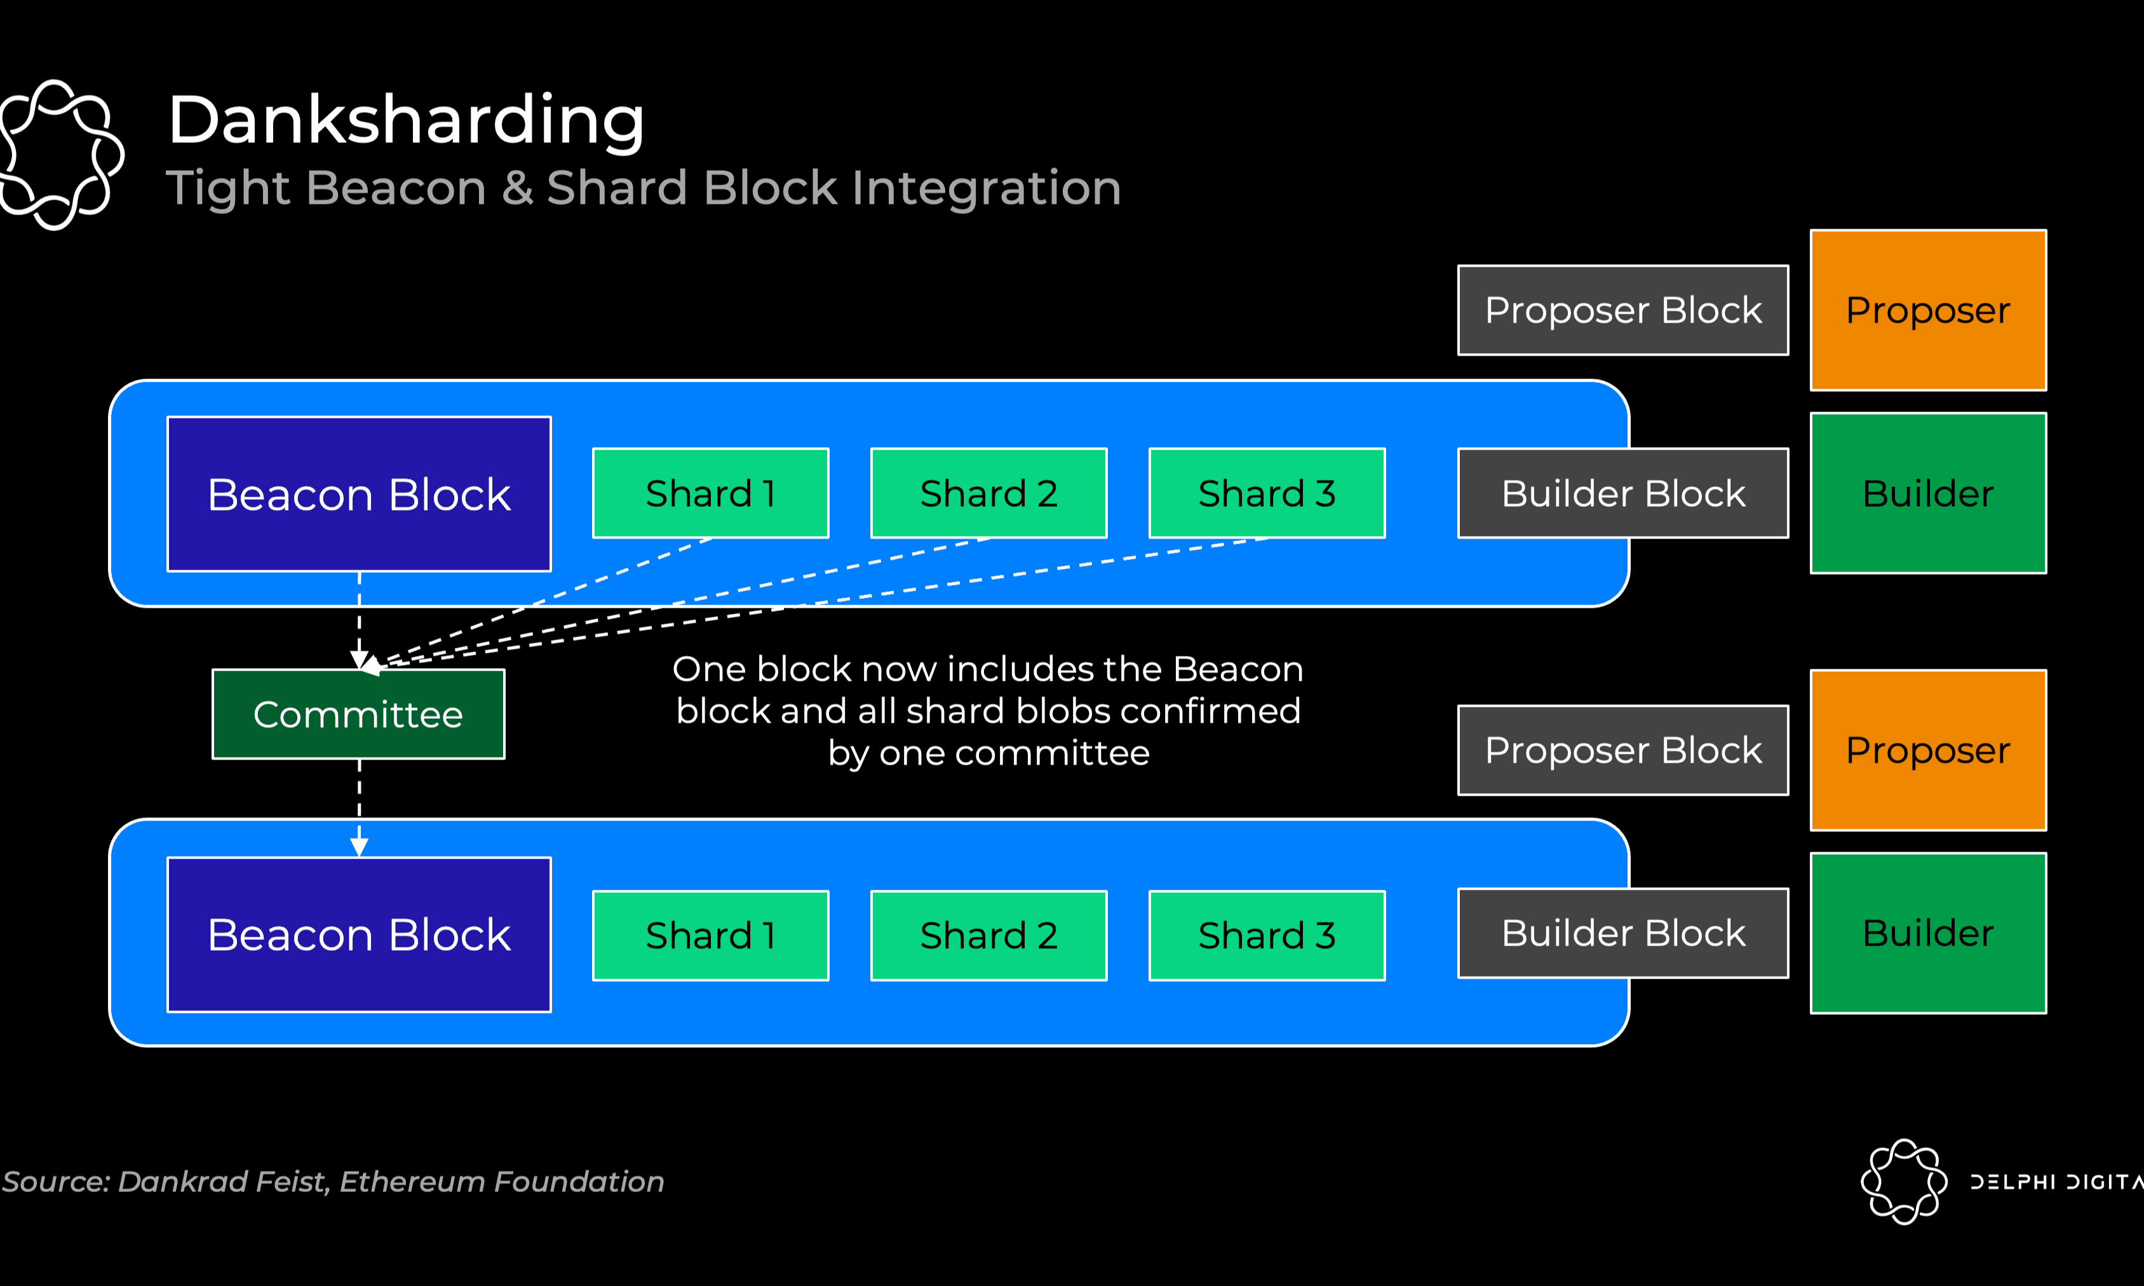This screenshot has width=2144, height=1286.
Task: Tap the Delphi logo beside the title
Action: [x=60, y=154]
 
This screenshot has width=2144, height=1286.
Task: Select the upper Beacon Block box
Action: [x=359, y=494]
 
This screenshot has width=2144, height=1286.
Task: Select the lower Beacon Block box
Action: [x=359, y=934]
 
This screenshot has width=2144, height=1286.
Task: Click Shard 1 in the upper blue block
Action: [x=711, y=493]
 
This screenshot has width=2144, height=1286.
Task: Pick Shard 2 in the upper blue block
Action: [x=989, y=493]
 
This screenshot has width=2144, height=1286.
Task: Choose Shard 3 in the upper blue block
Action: [x=1267, y=493]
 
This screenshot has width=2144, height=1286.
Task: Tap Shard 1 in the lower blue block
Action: [x=711, y=935]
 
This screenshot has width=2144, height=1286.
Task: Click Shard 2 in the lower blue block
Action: [x=989, y=935]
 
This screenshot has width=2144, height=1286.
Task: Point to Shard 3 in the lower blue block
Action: [x=1267, y=935]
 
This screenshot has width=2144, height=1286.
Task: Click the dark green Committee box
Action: [x=359, y=714]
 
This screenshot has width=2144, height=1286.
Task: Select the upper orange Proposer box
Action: [x=1928, y=311]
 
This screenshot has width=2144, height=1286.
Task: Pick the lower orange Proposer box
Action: [x=1928, y=751]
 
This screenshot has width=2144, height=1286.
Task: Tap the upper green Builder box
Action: [x=1928, y=493]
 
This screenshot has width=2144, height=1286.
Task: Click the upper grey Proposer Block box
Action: [x=1623, y=311]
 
